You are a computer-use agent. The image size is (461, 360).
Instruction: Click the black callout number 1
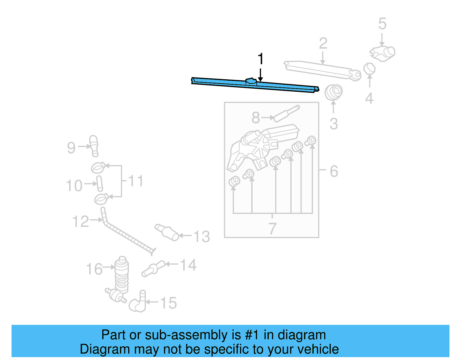(260, 59)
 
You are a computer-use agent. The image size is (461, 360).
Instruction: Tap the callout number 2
(323, 44)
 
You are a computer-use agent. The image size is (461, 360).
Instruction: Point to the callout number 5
(382, 24)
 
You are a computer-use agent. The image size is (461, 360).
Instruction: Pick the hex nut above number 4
(369, 69)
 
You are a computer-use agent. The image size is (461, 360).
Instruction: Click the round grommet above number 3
(334, 92)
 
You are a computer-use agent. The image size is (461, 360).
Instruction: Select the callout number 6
(334, 171)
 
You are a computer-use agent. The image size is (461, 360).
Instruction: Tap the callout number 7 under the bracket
(272, 228)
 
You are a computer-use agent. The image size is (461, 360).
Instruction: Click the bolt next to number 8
(287, 114)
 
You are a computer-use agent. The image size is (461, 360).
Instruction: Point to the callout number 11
(135, 181)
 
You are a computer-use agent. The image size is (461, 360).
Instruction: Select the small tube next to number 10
(100, 184)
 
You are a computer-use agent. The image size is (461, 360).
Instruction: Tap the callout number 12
(80, 222)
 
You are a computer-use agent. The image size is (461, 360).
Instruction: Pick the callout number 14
(188, 265)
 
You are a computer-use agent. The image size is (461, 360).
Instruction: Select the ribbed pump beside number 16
(122, 274)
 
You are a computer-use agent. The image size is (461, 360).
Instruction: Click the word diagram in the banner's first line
(301, 335)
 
